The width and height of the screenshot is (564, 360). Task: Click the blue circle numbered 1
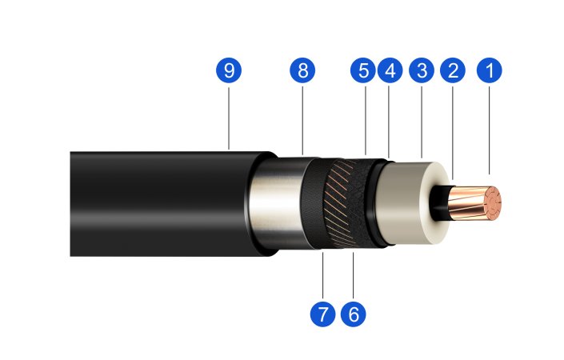(x=489, y=70)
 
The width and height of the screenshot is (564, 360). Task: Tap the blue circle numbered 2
(x=453, y=70)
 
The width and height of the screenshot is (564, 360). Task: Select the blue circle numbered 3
(x=422, y=70)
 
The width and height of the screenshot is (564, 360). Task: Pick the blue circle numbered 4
(x=390, y=70)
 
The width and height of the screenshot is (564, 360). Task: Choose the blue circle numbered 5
(x=363, y=70)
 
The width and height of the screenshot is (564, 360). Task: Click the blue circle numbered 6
(x=354, y=314)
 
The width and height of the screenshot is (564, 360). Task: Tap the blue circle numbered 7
(x=322, y=314)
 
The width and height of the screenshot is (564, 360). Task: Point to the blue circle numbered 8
(x=302, y=70)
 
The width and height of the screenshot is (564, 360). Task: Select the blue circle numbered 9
(x=229, y=70)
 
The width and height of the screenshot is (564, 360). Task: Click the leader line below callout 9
(x=229, y=118)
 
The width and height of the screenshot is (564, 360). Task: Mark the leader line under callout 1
(x=489, y=130)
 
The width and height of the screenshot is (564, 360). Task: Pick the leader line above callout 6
(x=354, y=275)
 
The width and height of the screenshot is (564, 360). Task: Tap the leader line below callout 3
(x=422, y=122)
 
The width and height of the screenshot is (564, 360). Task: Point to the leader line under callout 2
(x=453, y=133)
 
